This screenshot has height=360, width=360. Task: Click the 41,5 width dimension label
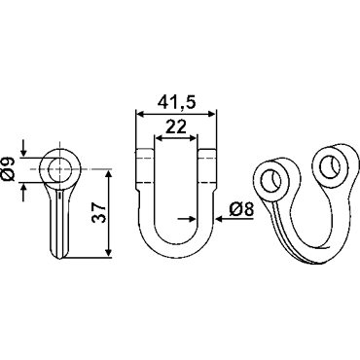pyautogui.click(x=177, y=103)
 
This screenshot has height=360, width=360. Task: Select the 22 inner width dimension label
pyautogui.click(x=176, y=126)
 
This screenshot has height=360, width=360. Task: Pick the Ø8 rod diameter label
pyautogui.click(x=241, y=210)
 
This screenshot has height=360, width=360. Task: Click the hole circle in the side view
pyautogui.click(x=60, y=169)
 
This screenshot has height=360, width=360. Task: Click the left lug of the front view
pyautogui.click(x=144, y=168)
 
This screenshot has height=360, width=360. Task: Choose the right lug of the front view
pyautogui.click(x=206, y=168)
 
